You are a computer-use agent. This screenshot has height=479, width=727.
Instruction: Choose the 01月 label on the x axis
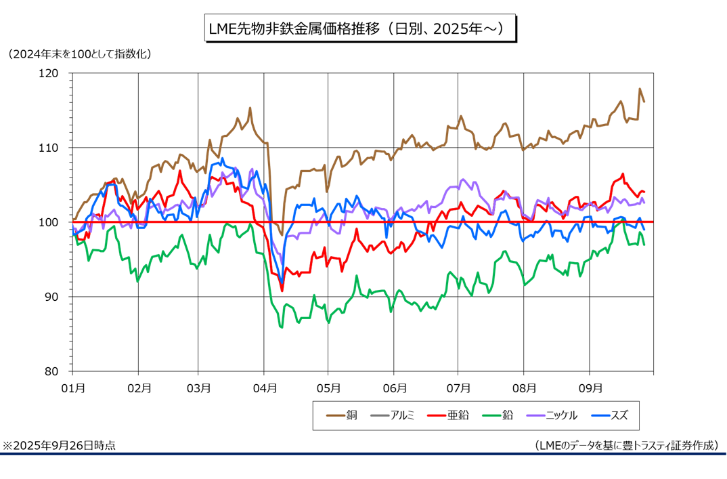click(72, 388)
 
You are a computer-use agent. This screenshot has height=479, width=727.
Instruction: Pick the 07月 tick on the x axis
click(458, 388)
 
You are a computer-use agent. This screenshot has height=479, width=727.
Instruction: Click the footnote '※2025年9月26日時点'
click(60, 445)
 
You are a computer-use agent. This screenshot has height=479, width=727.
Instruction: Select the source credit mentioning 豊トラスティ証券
click(625, 445)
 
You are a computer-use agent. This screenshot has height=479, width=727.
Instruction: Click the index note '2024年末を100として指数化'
click(80, 53)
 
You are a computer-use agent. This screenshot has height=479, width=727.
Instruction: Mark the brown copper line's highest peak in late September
click(640, 89)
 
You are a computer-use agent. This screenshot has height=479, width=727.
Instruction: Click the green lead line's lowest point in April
click(281, 327)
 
